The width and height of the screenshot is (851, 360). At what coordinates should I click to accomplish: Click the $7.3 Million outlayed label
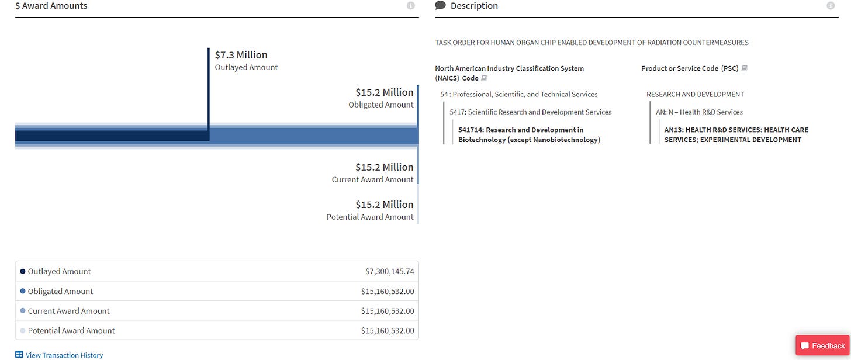tap(241, 55)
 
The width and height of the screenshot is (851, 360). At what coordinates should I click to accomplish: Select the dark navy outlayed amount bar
tap(111, 136)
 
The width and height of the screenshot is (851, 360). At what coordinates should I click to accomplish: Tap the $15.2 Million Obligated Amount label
tap(384, 92)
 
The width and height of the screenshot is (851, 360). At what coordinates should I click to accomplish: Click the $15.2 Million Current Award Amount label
tap(384, 167)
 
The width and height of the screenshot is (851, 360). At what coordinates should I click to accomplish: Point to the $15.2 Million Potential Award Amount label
tap(384, 205)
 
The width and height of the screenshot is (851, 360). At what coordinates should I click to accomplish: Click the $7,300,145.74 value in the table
tap(389, 271)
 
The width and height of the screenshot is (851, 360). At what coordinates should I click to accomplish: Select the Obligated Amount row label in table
tap(60, 291)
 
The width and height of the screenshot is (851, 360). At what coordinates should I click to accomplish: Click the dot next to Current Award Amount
tap(23, 311)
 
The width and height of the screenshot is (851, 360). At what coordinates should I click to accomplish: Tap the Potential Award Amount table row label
tap(71, 330)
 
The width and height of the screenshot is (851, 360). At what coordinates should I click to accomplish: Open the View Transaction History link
tap(64, 355)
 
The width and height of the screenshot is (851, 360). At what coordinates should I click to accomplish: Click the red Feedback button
tap(822, 346)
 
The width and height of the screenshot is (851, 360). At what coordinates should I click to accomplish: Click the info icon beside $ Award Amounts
tap(410, 6)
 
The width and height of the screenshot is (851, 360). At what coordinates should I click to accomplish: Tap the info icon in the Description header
tap(831, 6)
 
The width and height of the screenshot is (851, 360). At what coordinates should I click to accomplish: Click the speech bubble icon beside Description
tap(441, 6)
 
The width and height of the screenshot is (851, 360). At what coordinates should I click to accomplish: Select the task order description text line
tap(591, 43)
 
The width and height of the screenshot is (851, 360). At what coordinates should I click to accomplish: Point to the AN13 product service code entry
tap(736, 134)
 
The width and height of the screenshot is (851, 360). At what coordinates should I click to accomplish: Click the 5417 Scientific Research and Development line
tap(530, 112)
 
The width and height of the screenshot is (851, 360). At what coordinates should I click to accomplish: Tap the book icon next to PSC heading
tap(744, 68)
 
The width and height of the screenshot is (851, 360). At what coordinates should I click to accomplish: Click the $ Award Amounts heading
tap(51, 6)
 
